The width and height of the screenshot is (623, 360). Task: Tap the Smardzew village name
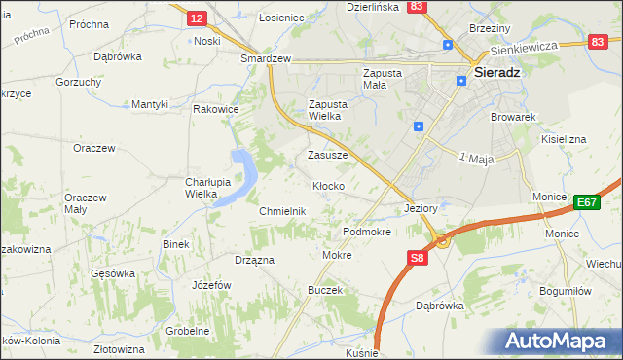[x=267, y=58]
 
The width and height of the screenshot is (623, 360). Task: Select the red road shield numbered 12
[x=197, y=18]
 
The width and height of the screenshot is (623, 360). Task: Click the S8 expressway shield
[x=417, y=258]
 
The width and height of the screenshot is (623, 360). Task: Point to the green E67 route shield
[x=585, y=202]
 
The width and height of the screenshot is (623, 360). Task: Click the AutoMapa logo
[x=561, y=341]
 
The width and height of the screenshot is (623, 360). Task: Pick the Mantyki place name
[x=151, y=104]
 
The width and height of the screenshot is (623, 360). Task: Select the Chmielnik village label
[x=283, y=211]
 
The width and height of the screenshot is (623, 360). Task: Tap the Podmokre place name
[x=367, y=233]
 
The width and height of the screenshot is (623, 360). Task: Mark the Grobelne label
[x=187, y=331]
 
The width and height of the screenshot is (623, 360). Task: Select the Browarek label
[x=515, y=117]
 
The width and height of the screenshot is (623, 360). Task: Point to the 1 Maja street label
[x=477, y=158]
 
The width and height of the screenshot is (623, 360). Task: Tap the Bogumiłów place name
[x=550, y=291]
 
